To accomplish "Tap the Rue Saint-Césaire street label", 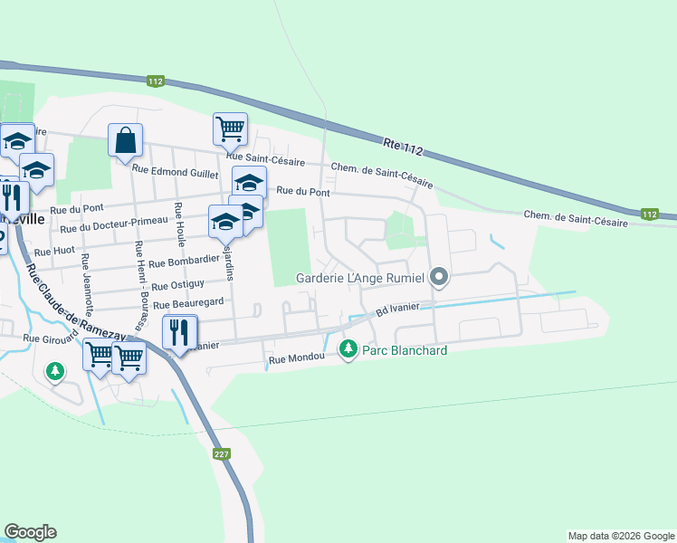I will [x=265, y=161].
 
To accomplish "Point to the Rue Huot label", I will [x=53, y=252].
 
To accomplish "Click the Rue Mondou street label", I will [x=296, y=360].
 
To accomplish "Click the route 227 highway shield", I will [x=221, y=454].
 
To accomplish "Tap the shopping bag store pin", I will [x=125, y=140].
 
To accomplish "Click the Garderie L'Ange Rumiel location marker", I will [x=439, y=277].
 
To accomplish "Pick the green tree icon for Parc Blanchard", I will [x=348, y=348].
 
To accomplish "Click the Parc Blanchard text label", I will [x=405, y=350].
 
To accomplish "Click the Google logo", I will [x=30, y=532].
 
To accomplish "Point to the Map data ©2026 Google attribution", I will [x=620, y=536].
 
